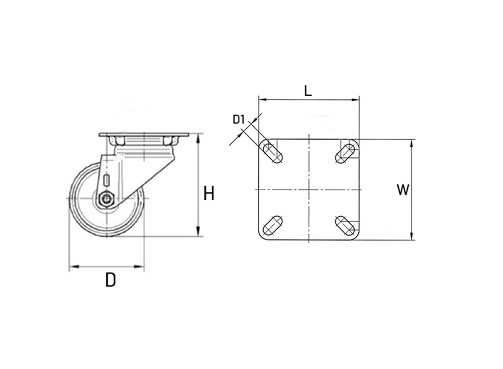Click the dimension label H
point(209,194)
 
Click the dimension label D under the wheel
point(110,280)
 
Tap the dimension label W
point(403,190)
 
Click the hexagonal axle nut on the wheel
point(106,198)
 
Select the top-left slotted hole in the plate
point(272,153)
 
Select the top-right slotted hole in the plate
point(347,152)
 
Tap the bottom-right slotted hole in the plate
point(346,226)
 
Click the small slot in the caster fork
point(107,180)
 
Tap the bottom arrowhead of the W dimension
point(412,237)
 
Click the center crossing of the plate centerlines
point(308,190)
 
